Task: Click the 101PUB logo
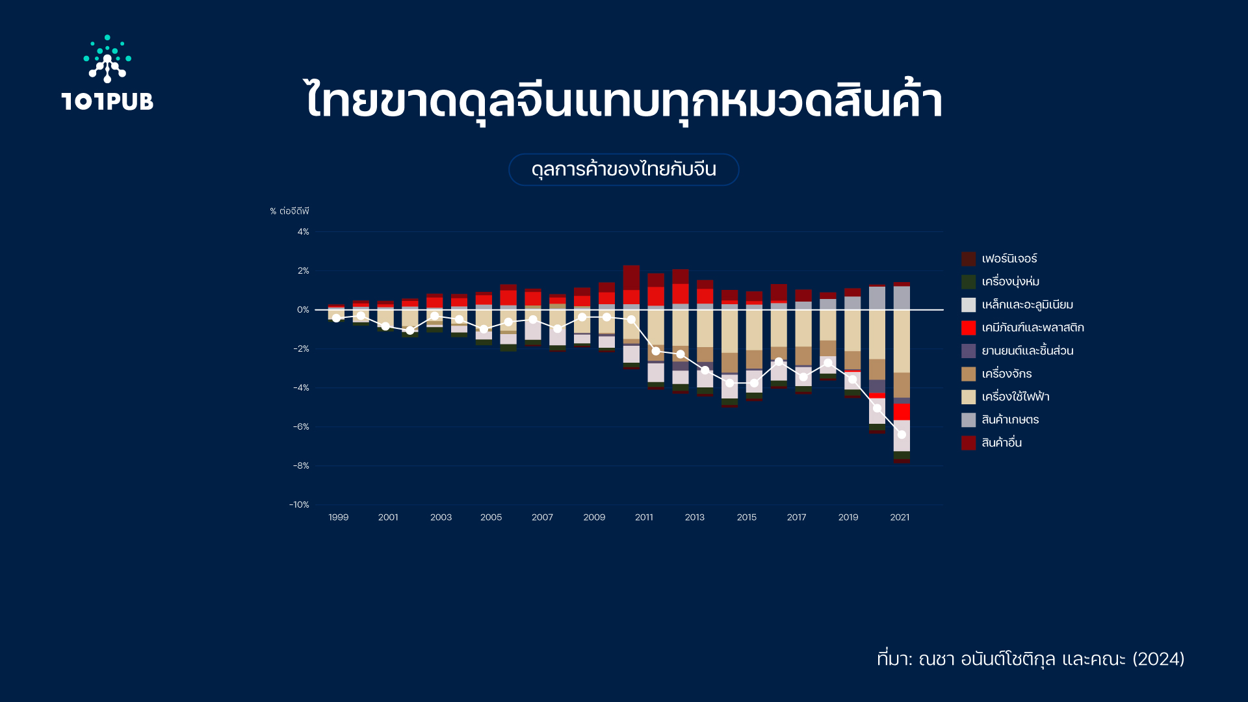[107, 73]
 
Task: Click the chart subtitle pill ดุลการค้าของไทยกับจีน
[623, 170]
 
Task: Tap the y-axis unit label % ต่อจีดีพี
[289, 211]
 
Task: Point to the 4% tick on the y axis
[303, 232]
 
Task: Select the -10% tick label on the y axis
[299, 505]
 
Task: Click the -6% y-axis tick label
[301, 427]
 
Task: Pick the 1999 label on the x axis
[338, 517]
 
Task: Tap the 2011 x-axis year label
[643, 517]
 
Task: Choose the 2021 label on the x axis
[900, 517]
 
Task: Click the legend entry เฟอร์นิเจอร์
[1000, 259]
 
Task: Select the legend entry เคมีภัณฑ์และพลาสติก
[1023, 328]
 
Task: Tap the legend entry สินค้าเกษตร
[1000, 420]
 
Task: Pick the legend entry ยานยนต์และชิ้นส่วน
[1018, 351]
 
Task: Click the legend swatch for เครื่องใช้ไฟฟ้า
[968, 397]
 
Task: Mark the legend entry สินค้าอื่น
[992, 443]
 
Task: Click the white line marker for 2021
[902, 434]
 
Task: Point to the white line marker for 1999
[336, 318]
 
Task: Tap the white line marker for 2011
[656, 351]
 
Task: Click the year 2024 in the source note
[1158, 659]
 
